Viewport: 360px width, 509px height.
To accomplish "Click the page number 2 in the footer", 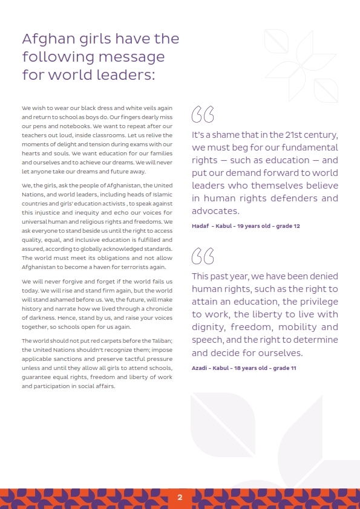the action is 180,498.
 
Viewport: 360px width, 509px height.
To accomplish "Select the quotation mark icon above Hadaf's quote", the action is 203,114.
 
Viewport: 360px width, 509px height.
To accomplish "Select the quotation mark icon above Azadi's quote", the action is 203,256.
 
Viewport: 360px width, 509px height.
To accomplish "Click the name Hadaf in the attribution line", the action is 200,225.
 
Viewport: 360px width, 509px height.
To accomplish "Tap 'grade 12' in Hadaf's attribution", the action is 287,225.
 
